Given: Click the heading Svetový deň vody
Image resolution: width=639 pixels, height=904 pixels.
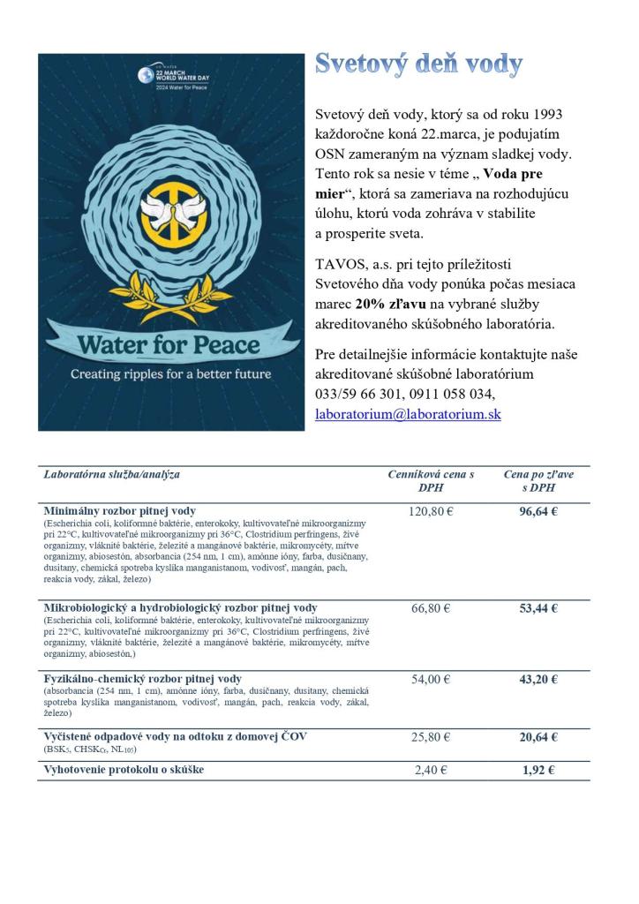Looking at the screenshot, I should tap(418, 64).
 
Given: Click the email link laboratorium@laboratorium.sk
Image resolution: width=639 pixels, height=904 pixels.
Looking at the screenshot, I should tap(408, 413).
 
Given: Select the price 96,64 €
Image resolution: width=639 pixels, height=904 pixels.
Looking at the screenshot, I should tap(538, 511).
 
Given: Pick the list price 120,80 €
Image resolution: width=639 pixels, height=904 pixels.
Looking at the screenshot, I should tap(431, 511).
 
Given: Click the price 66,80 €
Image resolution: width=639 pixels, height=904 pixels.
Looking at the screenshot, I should tap(431, 608).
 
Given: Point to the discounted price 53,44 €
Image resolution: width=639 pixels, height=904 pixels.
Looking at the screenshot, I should tap(538, 608).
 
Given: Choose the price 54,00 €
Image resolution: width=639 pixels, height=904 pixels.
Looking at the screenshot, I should tap(431, 679).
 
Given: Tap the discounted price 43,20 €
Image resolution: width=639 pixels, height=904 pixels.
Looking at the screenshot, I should tap(538, 679).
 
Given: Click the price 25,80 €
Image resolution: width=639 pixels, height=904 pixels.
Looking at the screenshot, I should tap(431, 736).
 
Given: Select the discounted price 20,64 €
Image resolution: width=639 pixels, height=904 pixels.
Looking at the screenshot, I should tap(538, 736).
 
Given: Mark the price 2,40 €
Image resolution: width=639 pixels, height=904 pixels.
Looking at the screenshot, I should tap(431, 770).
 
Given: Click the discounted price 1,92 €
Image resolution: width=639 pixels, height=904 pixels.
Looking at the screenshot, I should tap(538, 770).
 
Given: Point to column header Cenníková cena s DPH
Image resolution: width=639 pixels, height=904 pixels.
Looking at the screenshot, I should tap(431, 481).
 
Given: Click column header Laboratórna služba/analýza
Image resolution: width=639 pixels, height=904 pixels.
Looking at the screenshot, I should tap(112, 475).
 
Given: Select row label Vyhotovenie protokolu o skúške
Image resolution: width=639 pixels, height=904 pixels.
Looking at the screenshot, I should tap(124, 770).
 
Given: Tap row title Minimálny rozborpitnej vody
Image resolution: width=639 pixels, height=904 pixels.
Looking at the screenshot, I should tap(120, 511).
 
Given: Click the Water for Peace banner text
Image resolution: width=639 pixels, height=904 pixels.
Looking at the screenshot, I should tap(167, 343).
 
